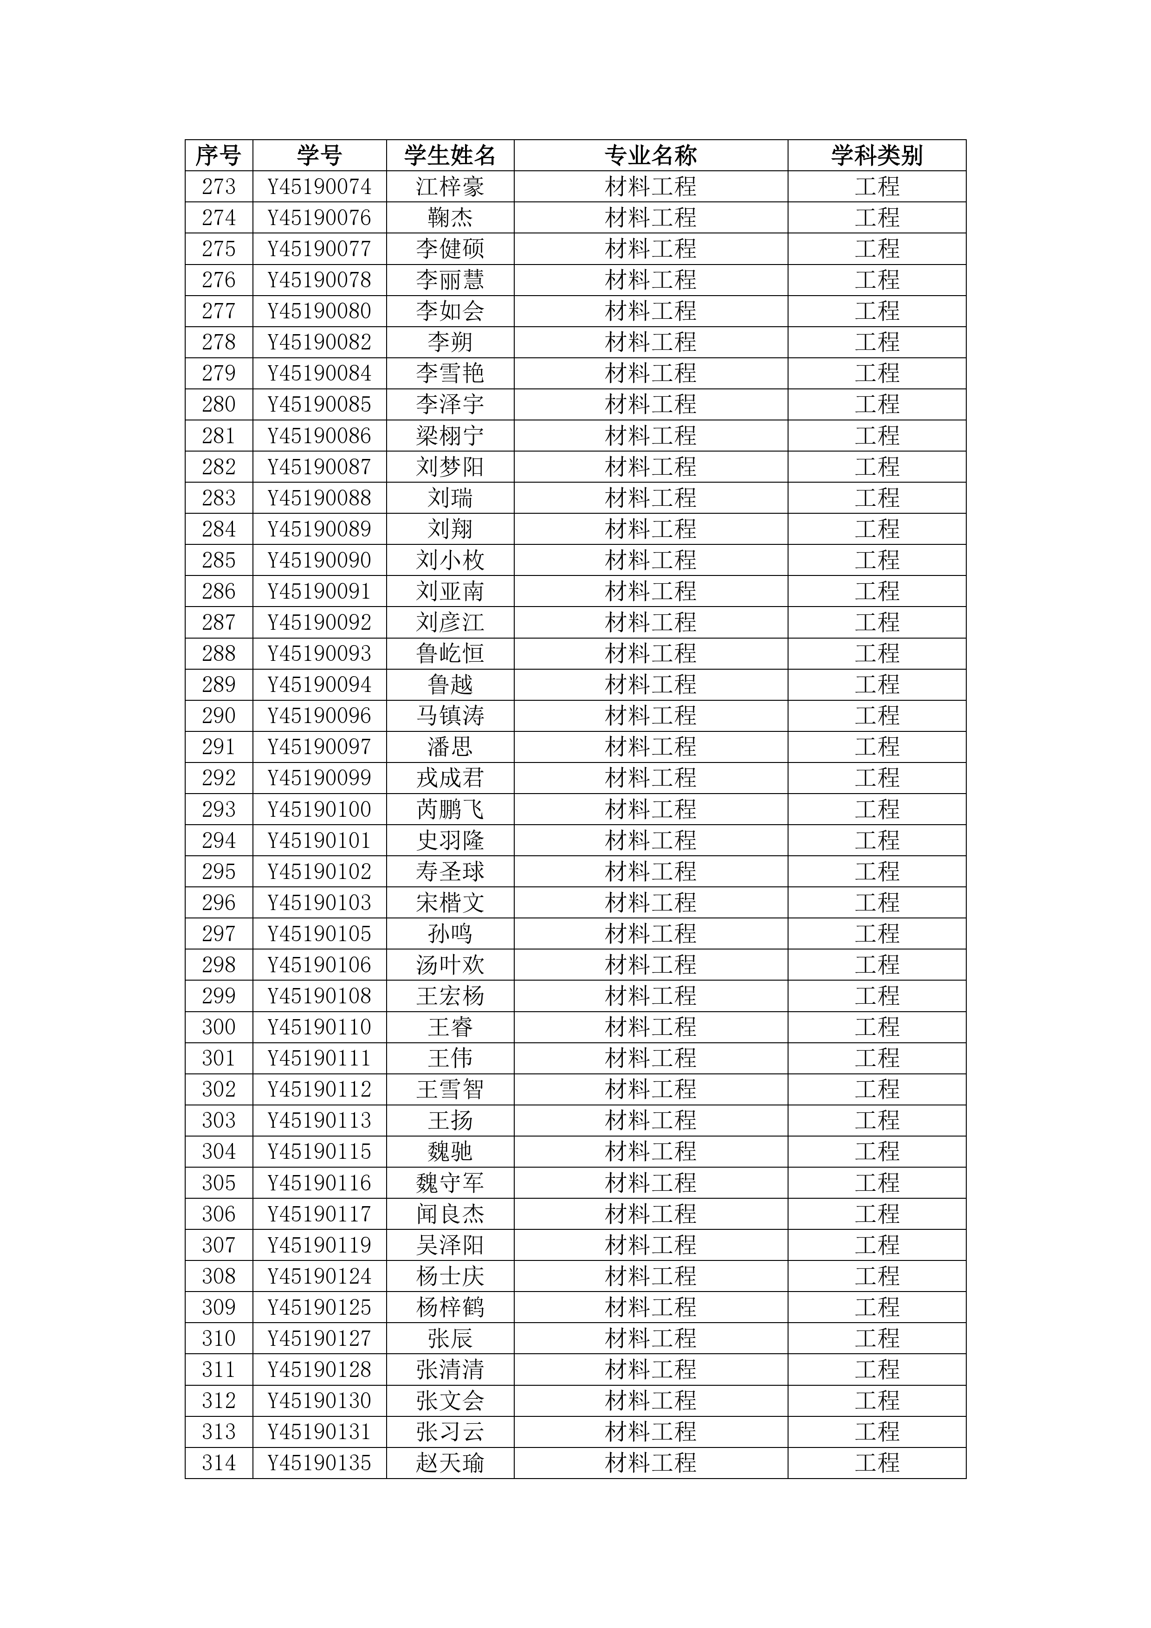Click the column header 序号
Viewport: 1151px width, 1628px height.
coord(219,155)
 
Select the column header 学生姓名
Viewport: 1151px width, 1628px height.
coord(450,155)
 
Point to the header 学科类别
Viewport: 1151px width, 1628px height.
coord(877,155)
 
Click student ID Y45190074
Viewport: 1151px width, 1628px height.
coord(319,187)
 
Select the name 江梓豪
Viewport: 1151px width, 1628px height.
coord(450,187)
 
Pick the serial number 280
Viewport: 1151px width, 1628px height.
coord(219,404)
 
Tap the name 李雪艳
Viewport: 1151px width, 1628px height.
coord(450,373)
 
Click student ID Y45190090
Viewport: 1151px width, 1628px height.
coord(319,560)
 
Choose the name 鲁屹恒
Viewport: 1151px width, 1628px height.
coord(450,653)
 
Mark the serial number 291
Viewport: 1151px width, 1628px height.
coord(219,747)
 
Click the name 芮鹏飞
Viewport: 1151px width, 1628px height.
coord(450,809)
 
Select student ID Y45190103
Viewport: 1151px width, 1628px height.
coord(319,903)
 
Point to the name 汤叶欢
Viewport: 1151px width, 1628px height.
coord(450,964)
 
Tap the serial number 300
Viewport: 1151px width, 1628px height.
coord(219,1027)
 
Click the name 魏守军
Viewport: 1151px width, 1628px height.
coord(450,1182)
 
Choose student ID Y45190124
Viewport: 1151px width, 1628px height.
coord(319,1276)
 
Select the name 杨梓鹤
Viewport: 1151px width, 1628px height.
coord(450,1307)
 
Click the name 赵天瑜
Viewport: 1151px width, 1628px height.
coord(450,1463)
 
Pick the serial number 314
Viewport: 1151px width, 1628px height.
coord(219,1463)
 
